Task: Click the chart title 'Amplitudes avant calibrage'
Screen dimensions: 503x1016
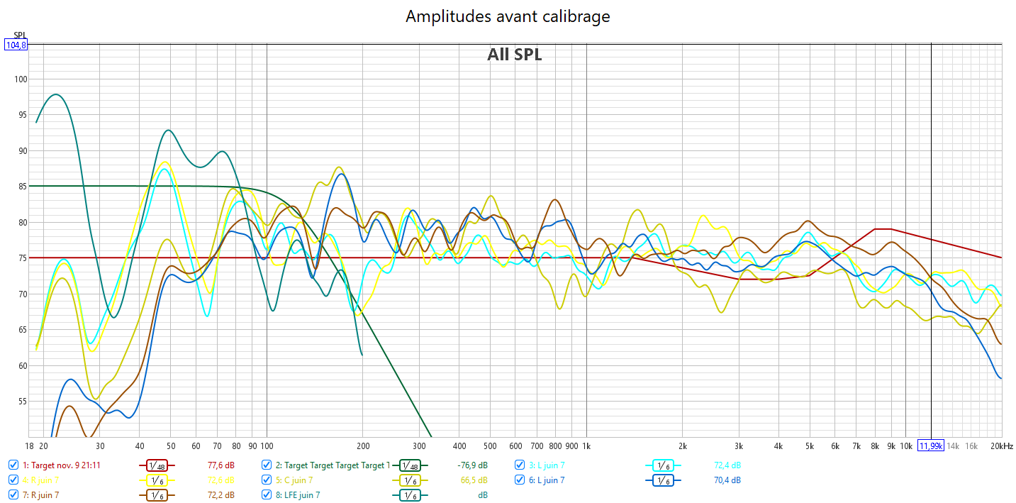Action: pos(508,16)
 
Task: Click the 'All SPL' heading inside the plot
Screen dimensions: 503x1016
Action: pos(514,55)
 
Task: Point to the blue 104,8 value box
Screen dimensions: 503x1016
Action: pos(16,45)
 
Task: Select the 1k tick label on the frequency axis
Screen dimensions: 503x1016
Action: pos(586,446)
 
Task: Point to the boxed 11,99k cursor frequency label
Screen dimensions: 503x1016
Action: pos(931,446)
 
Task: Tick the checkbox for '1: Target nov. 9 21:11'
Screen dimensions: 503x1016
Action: pos(13,465)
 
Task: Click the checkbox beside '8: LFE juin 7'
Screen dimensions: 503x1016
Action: pos(267,494)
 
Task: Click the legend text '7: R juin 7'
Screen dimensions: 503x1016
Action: pos(40,494)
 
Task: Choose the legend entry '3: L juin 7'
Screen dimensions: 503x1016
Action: pos(547,465)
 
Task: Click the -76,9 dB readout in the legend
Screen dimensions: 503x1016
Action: pos(472,465)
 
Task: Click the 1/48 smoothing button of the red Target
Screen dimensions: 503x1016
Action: pos(157,465)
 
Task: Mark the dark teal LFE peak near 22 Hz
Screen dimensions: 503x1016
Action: pos(56,94)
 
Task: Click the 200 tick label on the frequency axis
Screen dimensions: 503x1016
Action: pos(363,446)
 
